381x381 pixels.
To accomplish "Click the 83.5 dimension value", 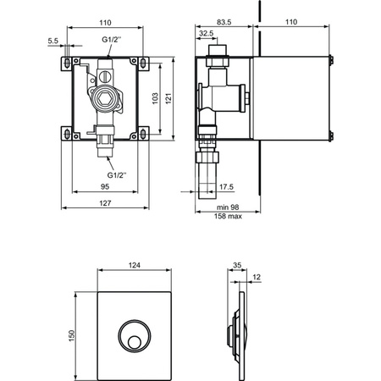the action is click(224, 22).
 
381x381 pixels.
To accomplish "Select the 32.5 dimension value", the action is click(206, 33).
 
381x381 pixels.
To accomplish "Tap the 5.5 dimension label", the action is click(52, 41).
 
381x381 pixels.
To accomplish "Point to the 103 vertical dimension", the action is click(155, 98).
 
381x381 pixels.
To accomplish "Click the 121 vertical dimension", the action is click(168, 98).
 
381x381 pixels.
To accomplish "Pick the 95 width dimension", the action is click(105, 186).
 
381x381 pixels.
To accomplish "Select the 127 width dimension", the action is click(105, 203).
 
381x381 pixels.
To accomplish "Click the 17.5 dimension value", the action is click(226, 187).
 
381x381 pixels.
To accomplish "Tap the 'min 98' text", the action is click(228, 207).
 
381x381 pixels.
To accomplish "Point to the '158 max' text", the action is click(228, 216).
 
